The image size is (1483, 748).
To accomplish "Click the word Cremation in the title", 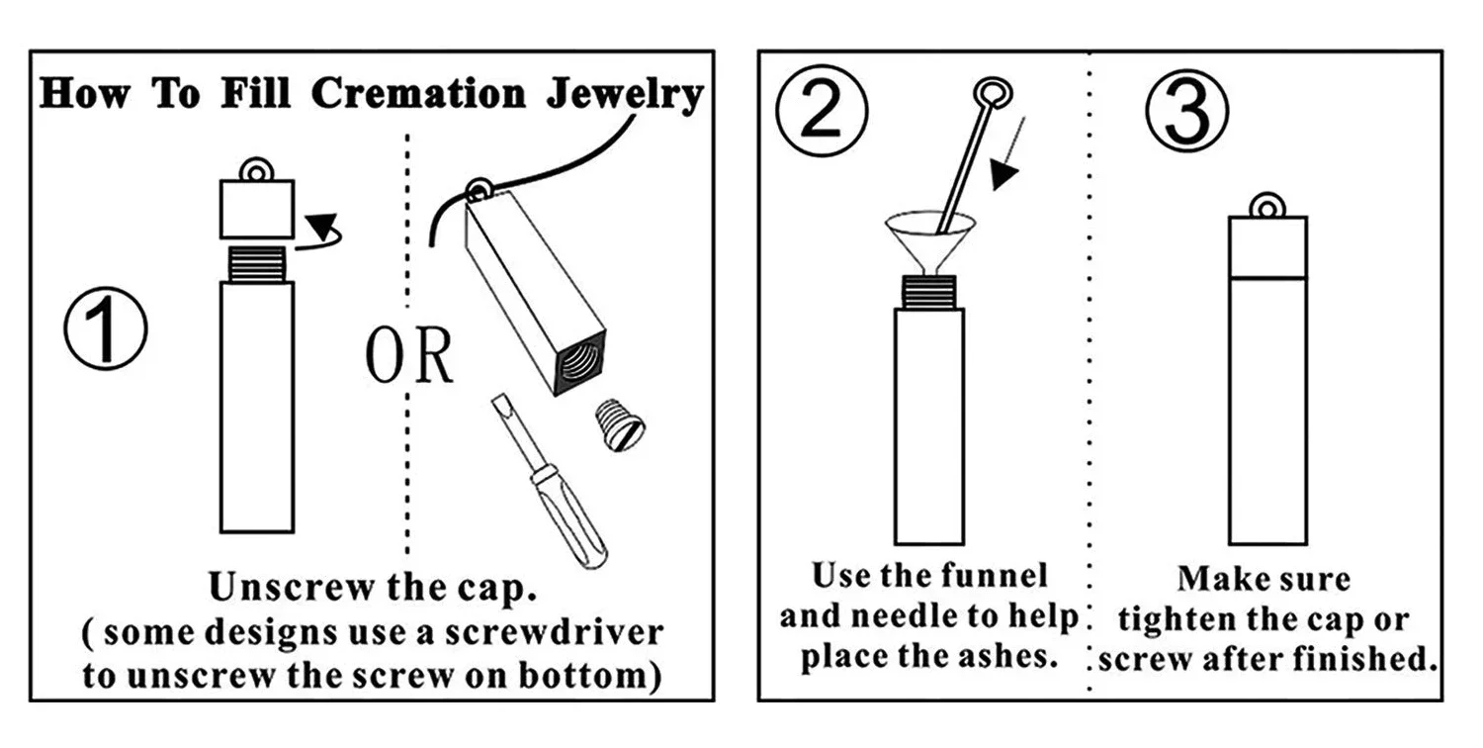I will (418, 94).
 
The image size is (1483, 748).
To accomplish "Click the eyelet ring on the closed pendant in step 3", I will (1266, 206).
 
